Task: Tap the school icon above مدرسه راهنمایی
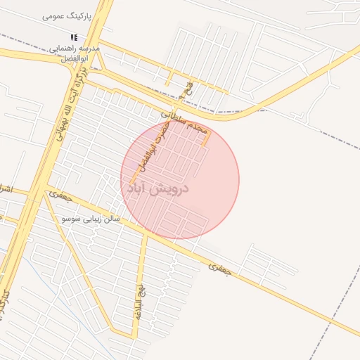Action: tap(73, 38)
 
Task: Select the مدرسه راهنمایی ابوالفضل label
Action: tap(74, 55)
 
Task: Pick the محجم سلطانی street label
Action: tap(184, 120)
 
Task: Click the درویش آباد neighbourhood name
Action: tap(162, 189)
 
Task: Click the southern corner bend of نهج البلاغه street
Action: tap(134, 337)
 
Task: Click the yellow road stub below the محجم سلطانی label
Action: tap(206, 138)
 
